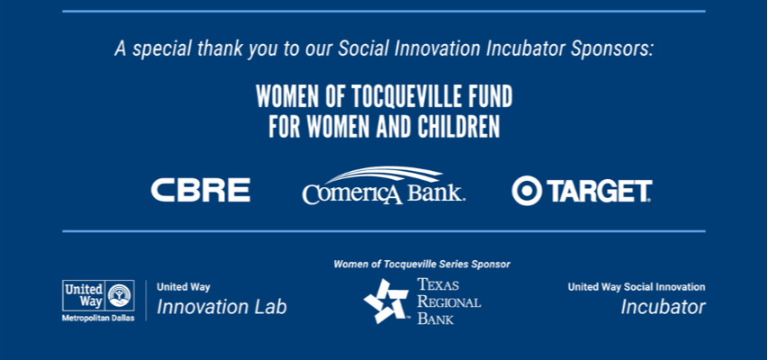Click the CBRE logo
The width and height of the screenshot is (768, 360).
coord(200,190)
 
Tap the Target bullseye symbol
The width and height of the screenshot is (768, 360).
coord(527,191)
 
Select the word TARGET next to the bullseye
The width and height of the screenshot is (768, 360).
coord(599,191)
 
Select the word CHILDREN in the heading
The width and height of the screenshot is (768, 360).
coord(459,126)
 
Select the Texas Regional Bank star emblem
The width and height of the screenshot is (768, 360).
coord(386,301)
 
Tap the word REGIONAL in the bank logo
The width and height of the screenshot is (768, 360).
coord(448,301)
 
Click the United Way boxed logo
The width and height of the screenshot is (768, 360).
coord(98,295)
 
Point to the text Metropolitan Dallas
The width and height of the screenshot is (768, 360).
coord(98,318)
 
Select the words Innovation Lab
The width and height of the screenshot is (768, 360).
coord(221,307)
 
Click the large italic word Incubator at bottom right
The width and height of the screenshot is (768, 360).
coord(664,307)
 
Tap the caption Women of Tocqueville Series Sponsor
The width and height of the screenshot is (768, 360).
coord(421,265)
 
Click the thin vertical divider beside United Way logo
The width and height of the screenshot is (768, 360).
coord(146,301)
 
